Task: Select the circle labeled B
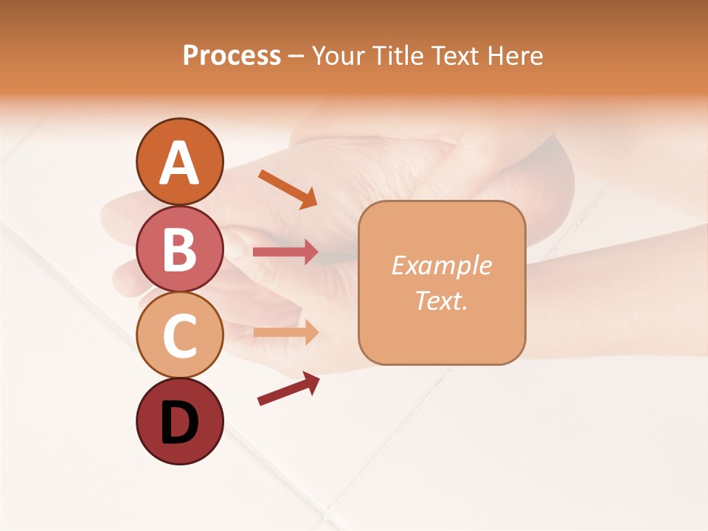point(180,249)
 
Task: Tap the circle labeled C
point(180,336)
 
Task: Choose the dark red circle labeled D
point(180,422)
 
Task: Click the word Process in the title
point(232,55)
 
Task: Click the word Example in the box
point(441,265)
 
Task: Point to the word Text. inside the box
point(441,300)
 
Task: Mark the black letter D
point(180,424)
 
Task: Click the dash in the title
point(296,56)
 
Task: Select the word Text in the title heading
point(453,55)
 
